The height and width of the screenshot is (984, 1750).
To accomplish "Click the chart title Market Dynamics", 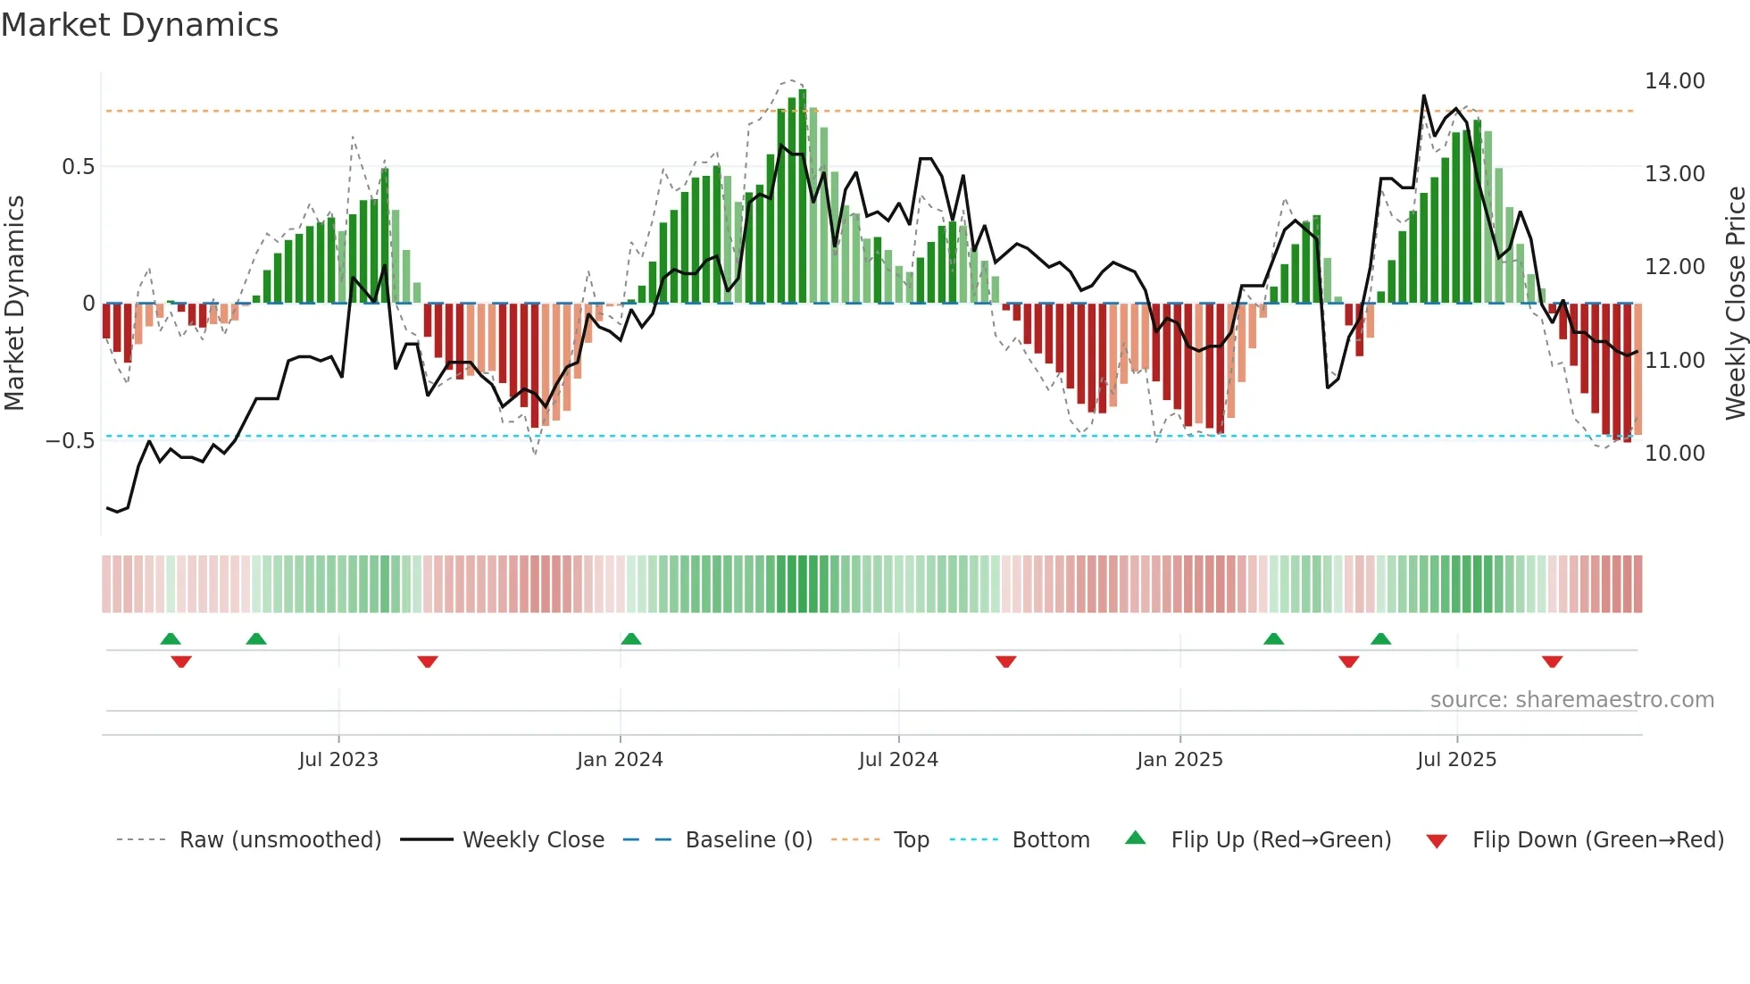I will [x=139, y=25].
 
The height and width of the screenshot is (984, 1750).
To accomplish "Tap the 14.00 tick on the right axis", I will [x=1674, y=81].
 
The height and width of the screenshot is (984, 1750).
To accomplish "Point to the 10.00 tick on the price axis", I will [x=1674, y=453].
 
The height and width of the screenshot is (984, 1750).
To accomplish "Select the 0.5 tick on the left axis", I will [x=78, y=167].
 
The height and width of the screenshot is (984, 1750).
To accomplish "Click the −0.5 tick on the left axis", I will [x=70, y=441].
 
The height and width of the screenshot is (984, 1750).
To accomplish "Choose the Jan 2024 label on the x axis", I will [x=620, y=760].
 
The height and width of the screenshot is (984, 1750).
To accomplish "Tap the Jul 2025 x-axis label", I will [x=1456, y=760].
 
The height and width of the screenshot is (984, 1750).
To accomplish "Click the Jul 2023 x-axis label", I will [x=338, y=760].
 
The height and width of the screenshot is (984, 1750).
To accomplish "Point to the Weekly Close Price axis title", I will [x=1735, y=303].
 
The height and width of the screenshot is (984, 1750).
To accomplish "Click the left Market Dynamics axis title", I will [x=14, y=303].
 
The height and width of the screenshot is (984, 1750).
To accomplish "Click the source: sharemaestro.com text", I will [x=1571, y=700].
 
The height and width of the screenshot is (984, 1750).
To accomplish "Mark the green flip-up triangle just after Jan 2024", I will [x=631, y=639].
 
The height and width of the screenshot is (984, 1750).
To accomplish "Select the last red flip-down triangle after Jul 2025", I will [x=1552, y=662].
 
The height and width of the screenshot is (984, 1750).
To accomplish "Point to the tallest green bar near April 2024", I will [x=803, y=196].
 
